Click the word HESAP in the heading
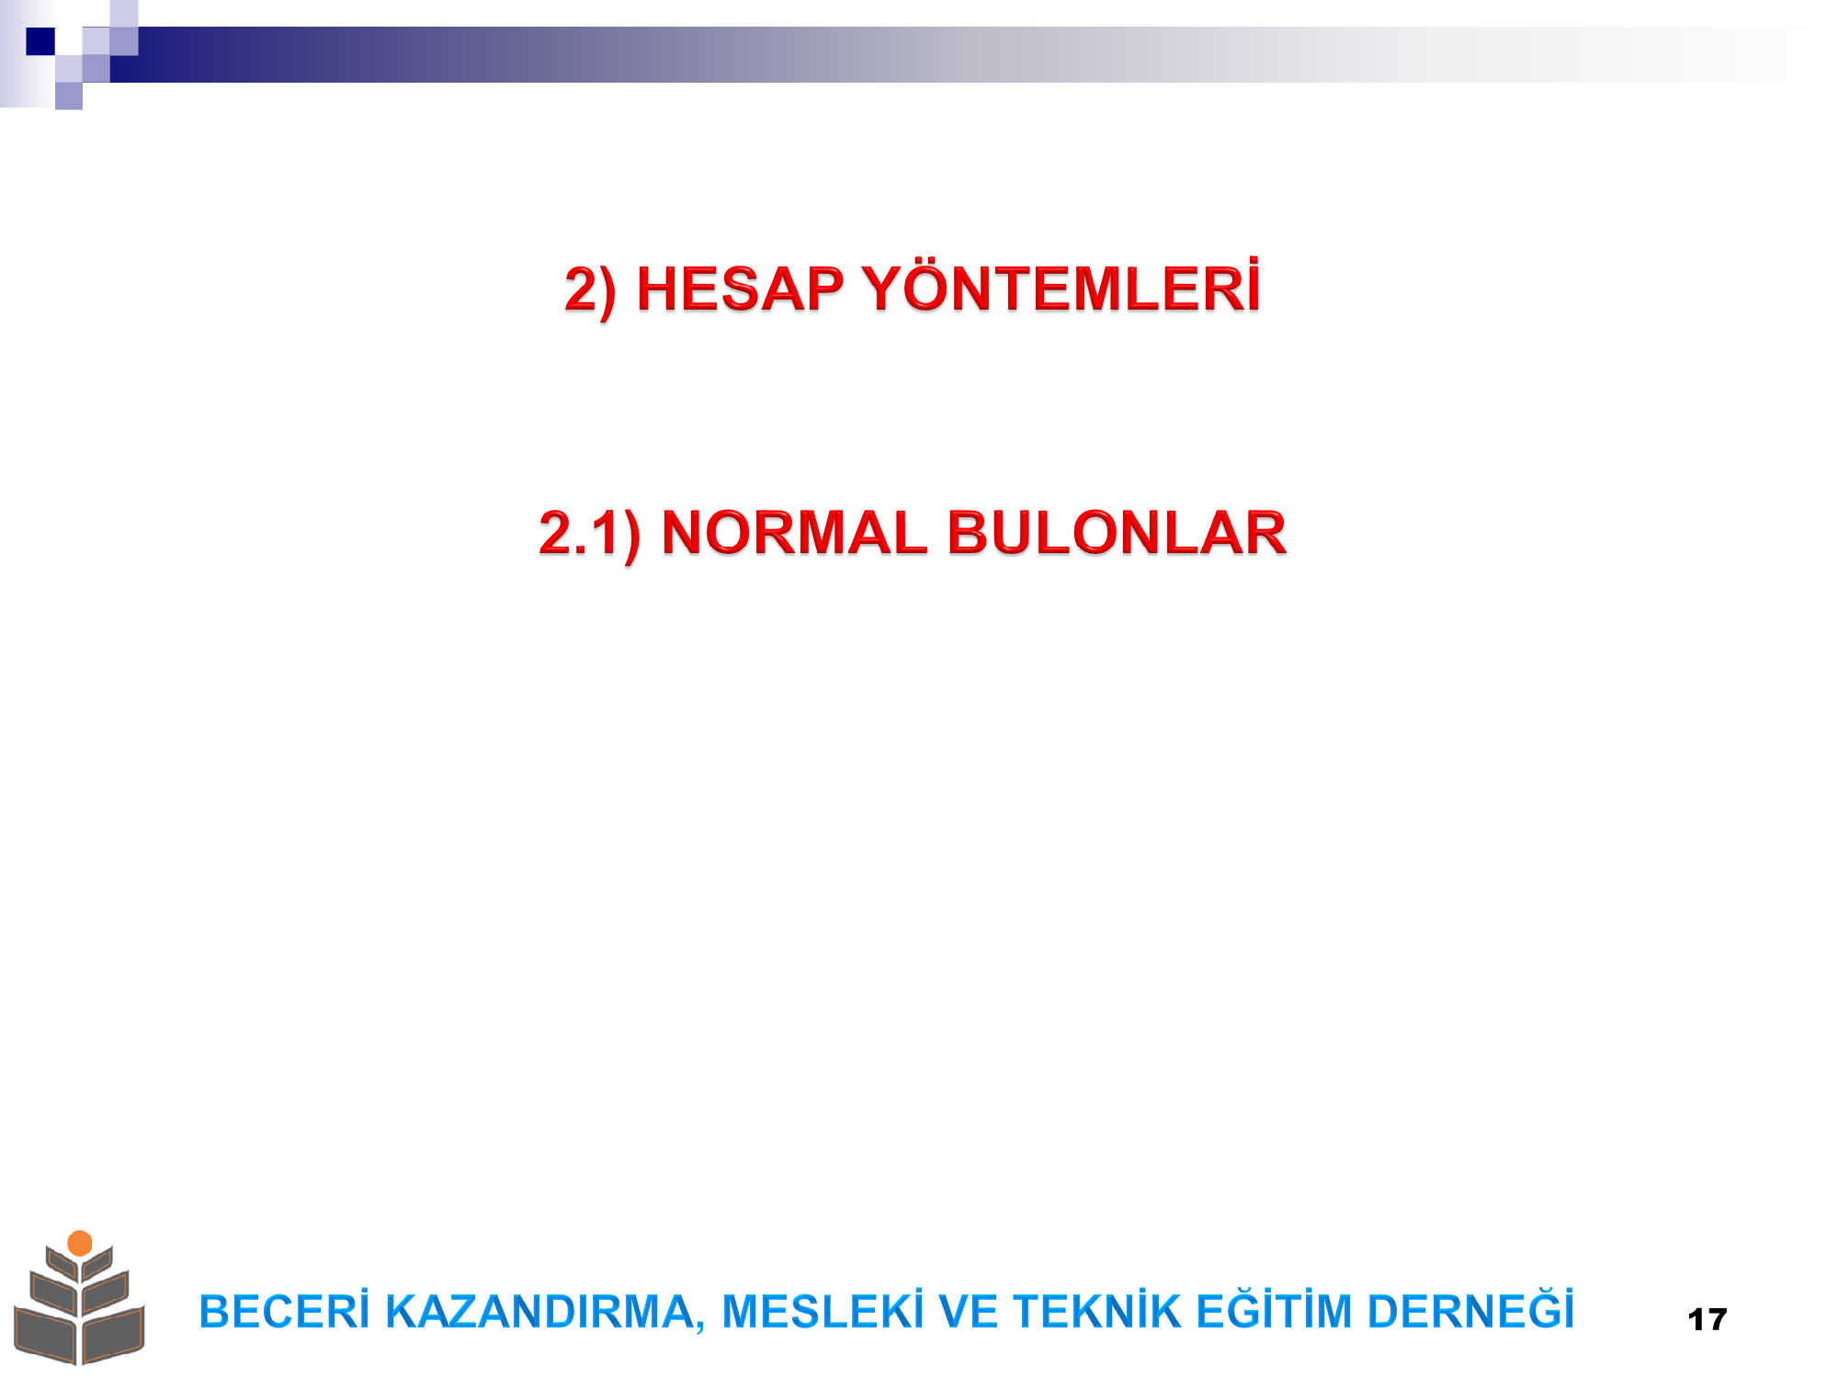coord(740,289)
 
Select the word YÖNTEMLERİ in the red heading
coord(1061,287)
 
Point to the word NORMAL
coord(794,533)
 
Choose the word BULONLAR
coord(1117,533)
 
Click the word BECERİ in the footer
coord(284,1311)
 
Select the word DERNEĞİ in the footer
coord(1470,1310)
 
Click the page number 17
coord(1708,1320)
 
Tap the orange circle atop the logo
coord(80,1243)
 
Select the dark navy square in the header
coord(40,41)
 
